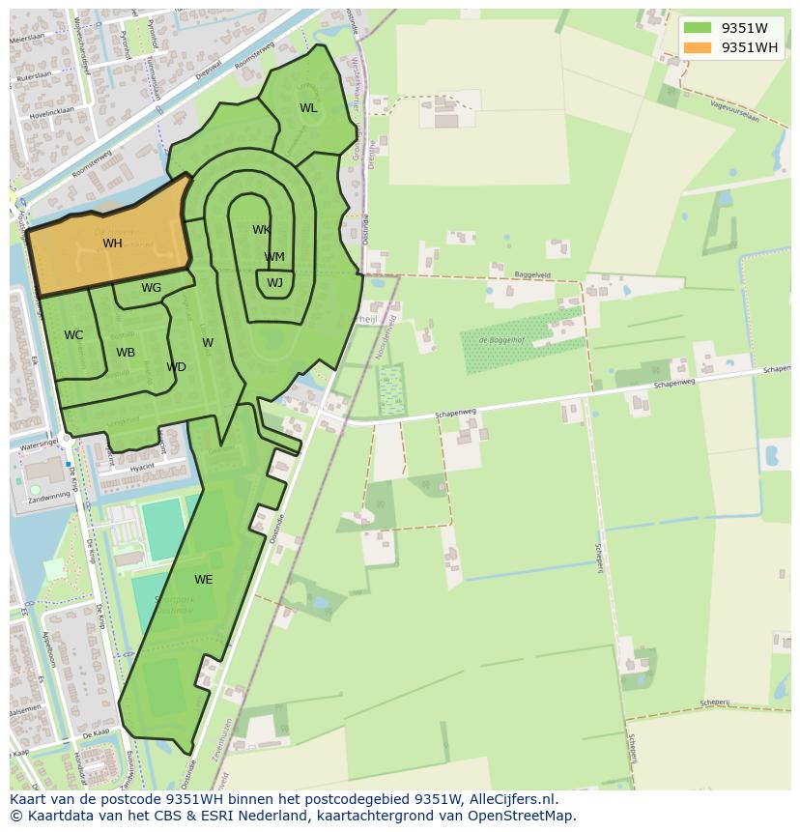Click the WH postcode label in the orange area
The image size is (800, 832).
[x=112, y=244]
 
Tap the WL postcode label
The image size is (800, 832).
[x=308, y=108]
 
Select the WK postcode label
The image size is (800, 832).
[x=261, y=230]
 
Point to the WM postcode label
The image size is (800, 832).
[x=274, y=257]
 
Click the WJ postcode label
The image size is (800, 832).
[x=275, y=283]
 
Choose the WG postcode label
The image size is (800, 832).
[x=151, y=288]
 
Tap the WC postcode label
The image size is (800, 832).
[x=73, y=335]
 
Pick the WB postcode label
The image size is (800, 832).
[x=126, y=353]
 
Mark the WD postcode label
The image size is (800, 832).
[x=176, y=367]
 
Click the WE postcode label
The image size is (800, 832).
[x=203, y=580]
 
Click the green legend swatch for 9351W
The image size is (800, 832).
[x=697, y=28]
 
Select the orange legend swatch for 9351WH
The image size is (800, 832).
[x=697, y=47]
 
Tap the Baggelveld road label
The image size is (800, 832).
[x=532, y=274]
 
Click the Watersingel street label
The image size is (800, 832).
[x=37, y=445]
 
